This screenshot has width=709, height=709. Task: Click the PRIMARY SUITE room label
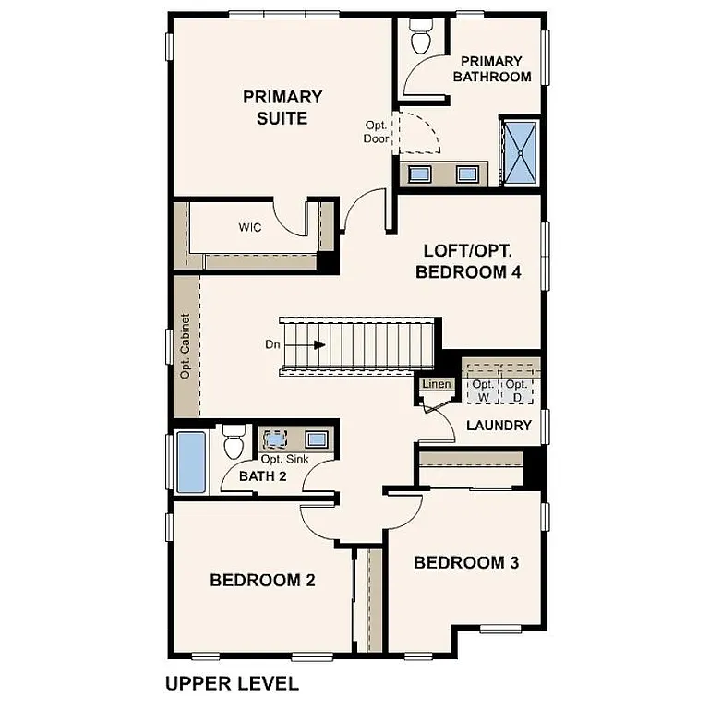click(282, 107)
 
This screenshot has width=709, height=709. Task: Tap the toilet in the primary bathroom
click(420, 38)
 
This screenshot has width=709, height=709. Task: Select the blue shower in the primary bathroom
click(519, 152)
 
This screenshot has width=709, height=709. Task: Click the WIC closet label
click(250, 227)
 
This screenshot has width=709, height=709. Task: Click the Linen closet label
click(434, 383)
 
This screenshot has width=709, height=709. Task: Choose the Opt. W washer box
click(482, 391)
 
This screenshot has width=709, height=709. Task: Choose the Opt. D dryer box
click(517, 391)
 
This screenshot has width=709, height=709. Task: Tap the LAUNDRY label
click(499, 426)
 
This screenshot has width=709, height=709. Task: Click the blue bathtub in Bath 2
click(190, 461)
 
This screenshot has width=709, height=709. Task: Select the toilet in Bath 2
click(234, 440)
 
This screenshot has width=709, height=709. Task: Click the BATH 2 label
click(263, 476)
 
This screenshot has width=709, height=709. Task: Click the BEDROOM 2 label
click(262, 581)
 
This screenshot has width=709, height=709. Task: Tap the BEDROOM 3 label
click(459, 562)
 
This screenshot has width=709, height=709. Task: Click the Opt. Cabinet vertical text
click(186, 347)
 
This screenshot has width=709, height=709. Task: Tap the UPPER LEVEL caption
click(232, 684)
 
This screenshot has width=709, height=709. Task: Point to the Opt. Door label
click(376, 131)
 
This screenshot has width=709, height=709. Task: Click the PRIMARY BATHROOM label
click(491, 68)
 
